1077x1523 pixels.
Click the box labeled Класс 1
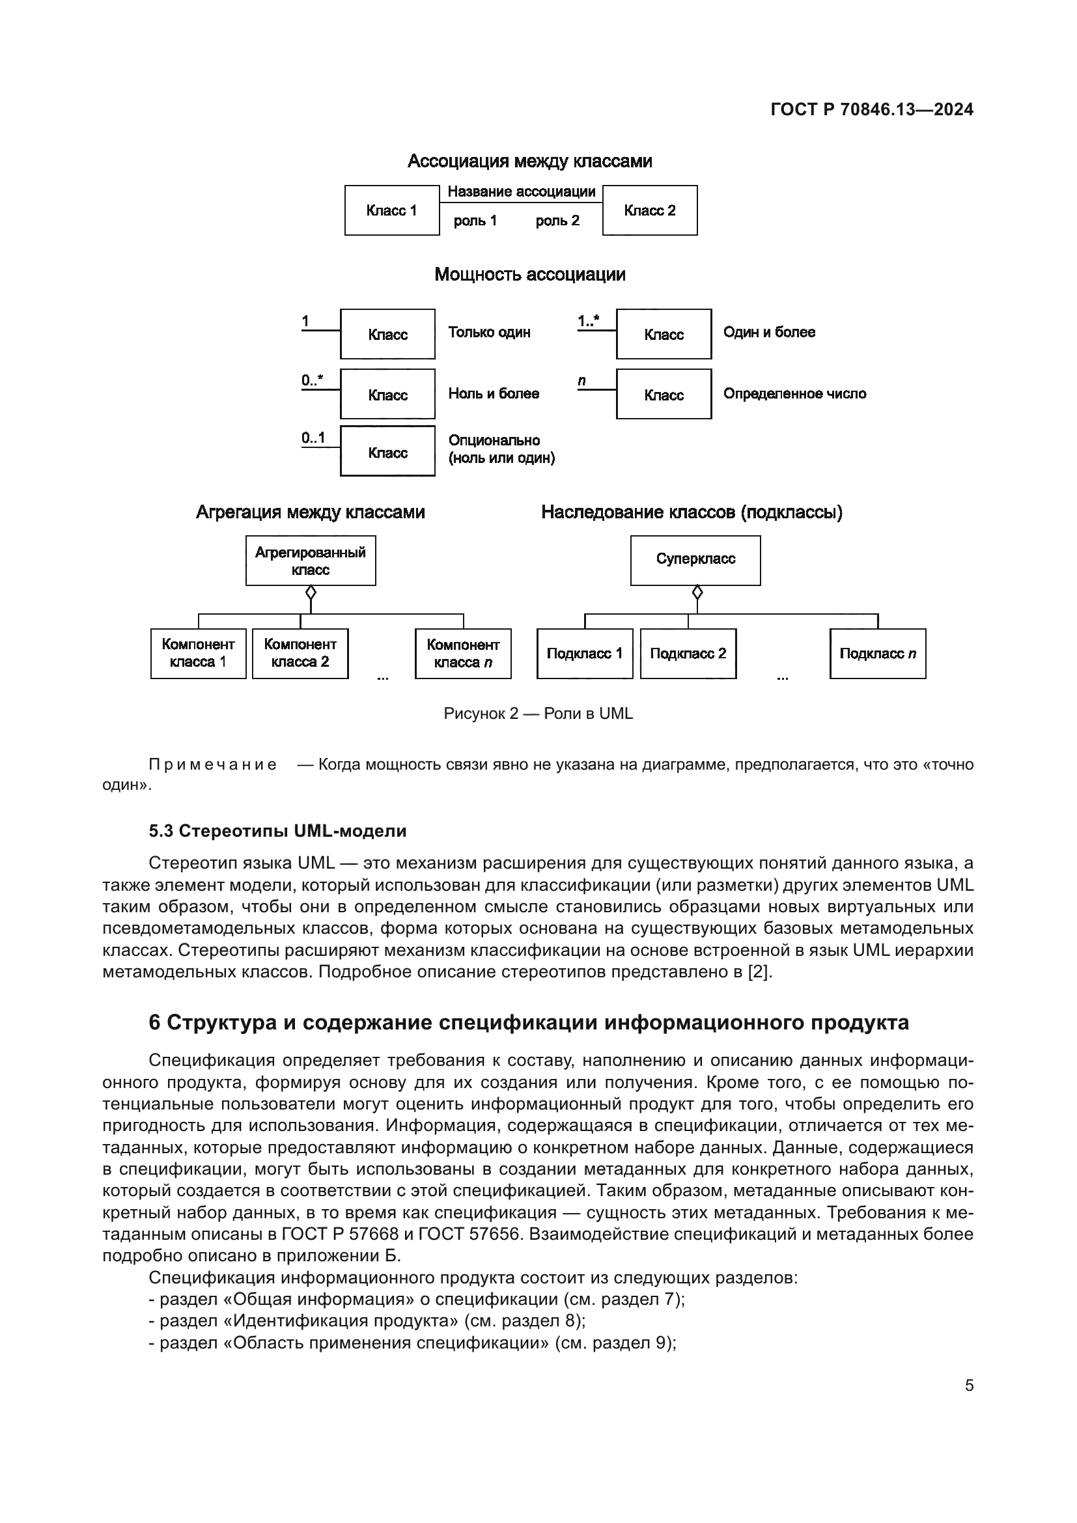[391, 210]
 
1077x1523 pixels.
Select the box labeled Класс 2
[649, 210]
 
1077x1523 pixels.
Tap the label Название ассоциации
[522, 191]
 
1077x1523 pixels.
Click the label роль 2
[557, 221]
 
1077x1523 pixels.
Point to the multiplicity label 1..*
[587, 322]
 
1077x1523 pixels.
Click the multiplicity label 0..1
[313, 438]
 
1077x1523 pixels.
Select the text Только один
[489, 332]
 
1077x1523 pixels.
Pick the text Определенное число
[794, 394]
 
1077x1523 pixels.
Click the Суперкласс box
[695, 559]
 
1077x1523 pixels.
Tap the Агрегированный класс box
[311, 561]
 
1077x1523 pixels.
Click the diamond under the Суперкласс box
[696, 592]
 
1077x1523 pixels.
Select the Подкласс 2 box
[688, 653]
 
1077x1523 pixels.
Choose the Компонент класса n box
[463, 653]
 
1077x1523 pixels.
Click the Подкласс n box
[876, 653]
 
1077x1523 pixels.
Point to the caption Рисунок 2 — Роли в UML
[538, 714]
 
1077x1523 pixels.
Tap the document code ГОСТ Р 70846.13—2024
[871, 110]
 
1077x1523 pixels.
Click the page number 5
[968, 1386]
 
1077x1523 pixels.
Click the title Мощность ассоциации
[529, 275]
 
